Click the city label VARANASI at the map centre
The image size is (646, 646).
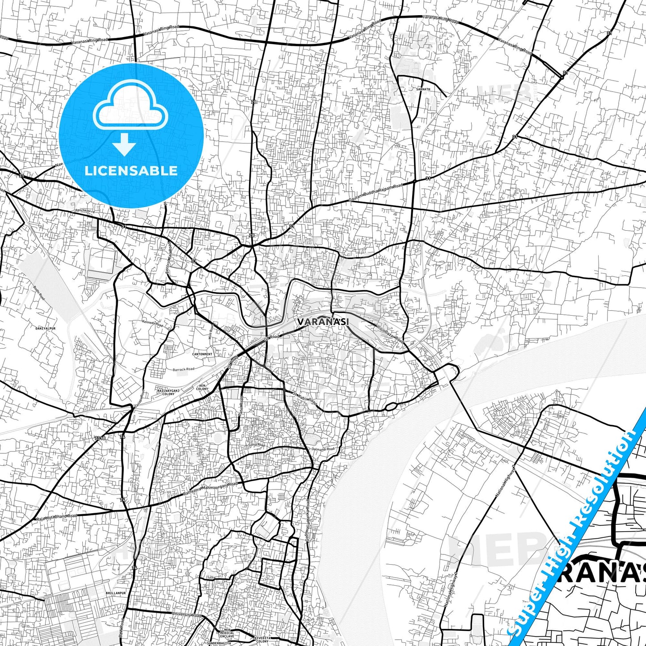(x=323, y=321)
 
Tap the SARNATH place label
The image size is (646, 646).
(x=423, y=89)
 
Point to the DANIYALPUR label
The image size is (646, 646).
(x=45, y=328)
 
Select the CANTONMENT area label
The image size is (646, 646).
(x=202, y=354)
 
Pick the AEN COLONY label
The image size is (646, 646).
(x=202, y=387)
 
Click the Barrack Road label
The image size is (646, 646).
(x=184, y=369)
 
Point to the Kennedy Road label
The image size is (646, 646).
(x=152, y=324)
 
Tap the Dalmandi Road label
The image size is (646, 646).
(x=323, y=449)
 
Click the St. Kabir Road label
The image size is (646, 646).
(x=304, y=399)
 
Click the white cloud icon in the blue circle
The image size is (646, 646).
(x=131, y=105)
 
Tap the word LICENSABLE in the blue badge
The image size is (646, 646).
(x=131, y=170)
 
